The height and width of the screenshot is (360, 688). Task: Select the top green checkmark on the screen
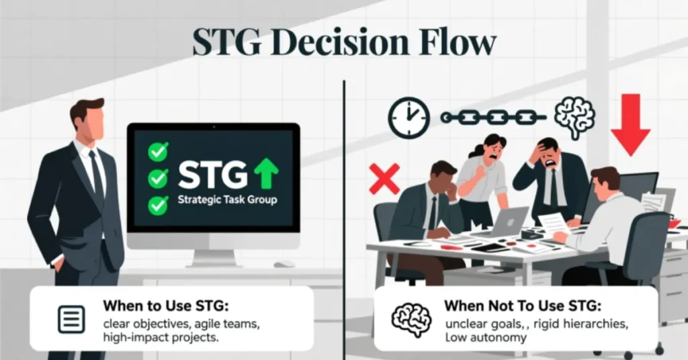(x=158, y=152)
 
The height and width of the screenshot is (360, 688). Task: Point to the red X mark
(x=384, y=178)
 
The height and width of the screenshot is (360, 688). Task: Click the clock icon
(x=408, y=117)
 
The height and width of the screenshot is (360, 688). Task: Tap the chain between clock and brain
(x=493, y=118)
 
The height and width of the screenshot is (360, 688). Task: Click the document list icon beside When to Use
(x=71, y=320)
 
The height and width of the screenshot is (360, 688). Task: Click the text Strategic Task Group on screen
(x=227, y=200)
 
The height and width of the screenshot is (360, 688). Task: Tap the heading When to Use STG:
(x=166, y=306)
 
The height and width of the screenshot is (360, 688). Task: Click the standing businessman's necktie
(x=97, y=175)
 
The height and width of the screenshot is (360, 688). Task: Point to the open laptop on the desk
(x=507, y=222)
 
